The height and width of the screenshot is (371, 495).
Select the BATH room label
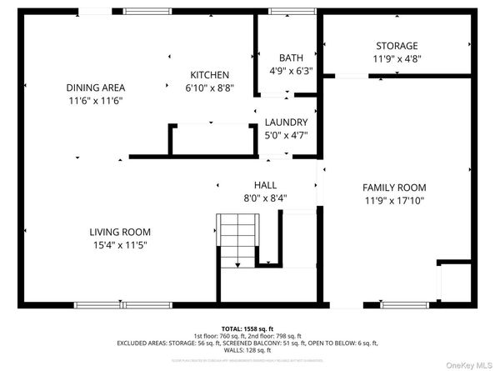click(x=291, y=58)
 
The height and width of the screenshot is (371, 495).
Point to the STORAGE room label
click(x=396, y=46)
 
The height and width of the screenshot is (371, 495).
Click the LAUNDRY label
click(x=286, y=122)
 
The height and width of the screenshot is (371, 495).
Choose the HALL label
click(x=265, y=185)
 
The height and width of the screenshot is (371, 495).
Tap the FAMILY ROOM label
click(x=394, y=188)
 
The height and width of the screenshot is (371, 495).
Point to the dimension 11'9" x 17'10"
click(x=394, y=201)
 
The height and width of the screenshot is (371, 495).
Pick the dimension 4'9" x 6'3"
click(x=291, y=71)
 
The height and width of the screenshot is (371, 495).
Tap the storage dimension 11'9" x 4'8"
click(x=396, y=59)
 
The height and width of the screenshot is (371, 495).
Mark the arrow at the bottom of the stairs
click(x=237, y=264)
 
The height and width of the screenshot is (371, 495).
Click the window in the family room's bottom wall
click(x=404, y=303)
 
